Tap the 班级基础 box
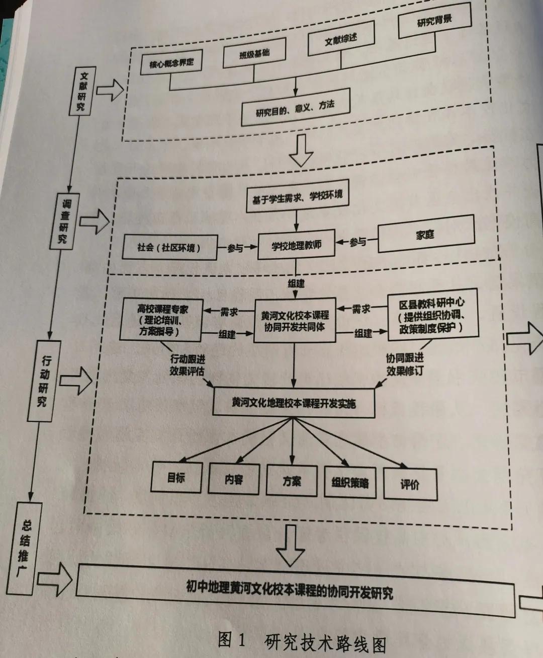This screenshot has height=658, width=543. (x=254, y=53)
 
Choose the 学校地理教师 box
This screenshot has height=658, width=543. (x=296, y=246)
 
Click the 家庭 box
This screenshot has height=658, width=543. (x=425, y=234)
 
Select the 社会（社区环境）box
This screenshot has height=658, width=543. (x=170, y=248)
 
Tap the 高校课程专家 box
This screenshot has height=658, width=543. (x=161, y=320)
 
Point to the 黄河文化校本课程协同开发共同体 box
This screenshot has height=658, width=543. (x=295, y=321)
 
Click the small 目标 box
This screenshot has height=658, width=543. (x=176, y=477)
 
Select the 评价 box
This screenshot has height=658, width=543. (x=410, y=484)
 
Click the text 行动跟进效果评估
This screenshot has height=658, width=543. (x=187, y=365)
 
